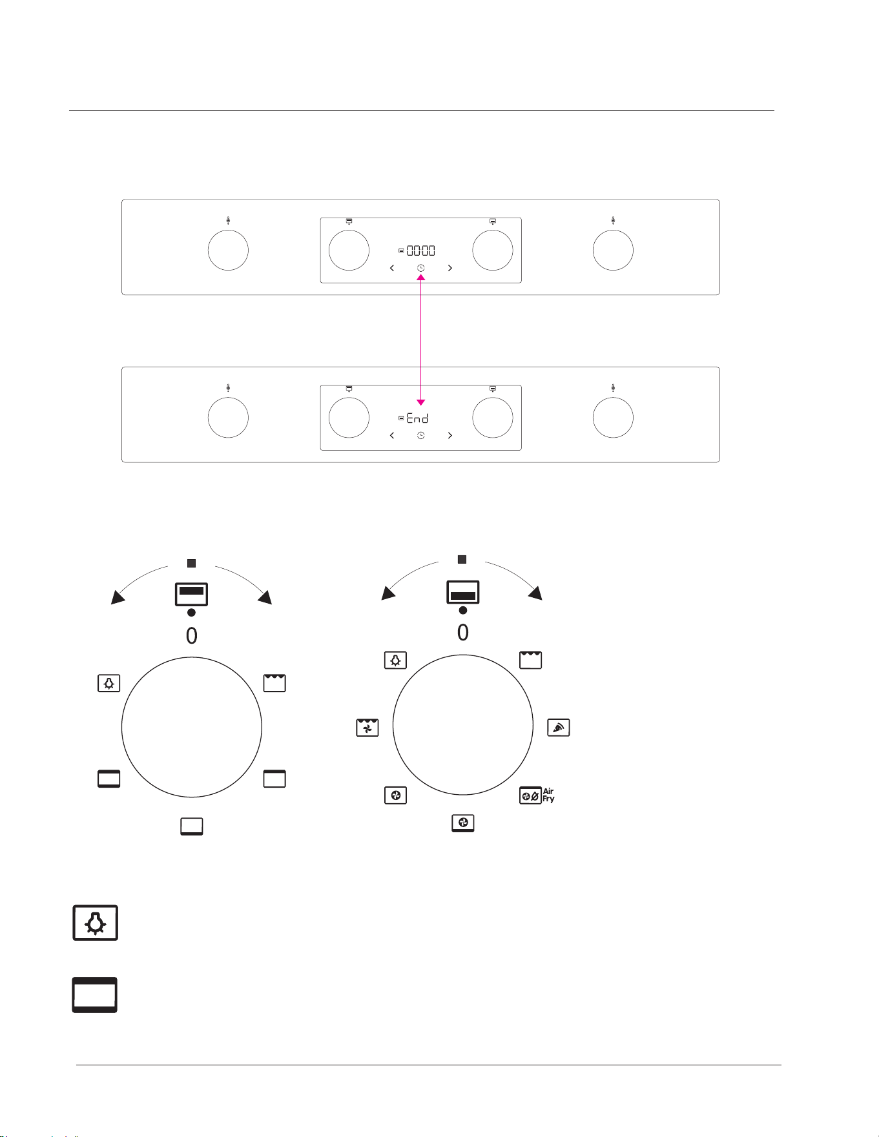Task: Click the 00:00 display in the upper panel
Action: click(x=420, y=251)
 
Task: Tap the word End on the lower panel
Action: click(x=417, y=418)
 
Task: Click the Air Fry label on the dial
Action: click(x=548, y=795)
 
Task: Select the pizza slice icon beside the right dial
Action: click(x=559, y=728)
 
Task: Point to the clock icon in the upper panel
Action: click(x=420, y=268)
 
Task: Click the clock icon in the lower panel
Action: click(x=420, y=436)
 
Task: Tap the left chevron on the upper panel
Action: click(x=392, y=268)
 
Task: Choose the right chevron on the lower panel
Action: click(x=450, y=436)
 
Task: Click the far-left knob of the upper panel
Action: click(x=228, y=250)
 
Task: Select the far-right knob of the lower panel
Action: click(x=613, y=418)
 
